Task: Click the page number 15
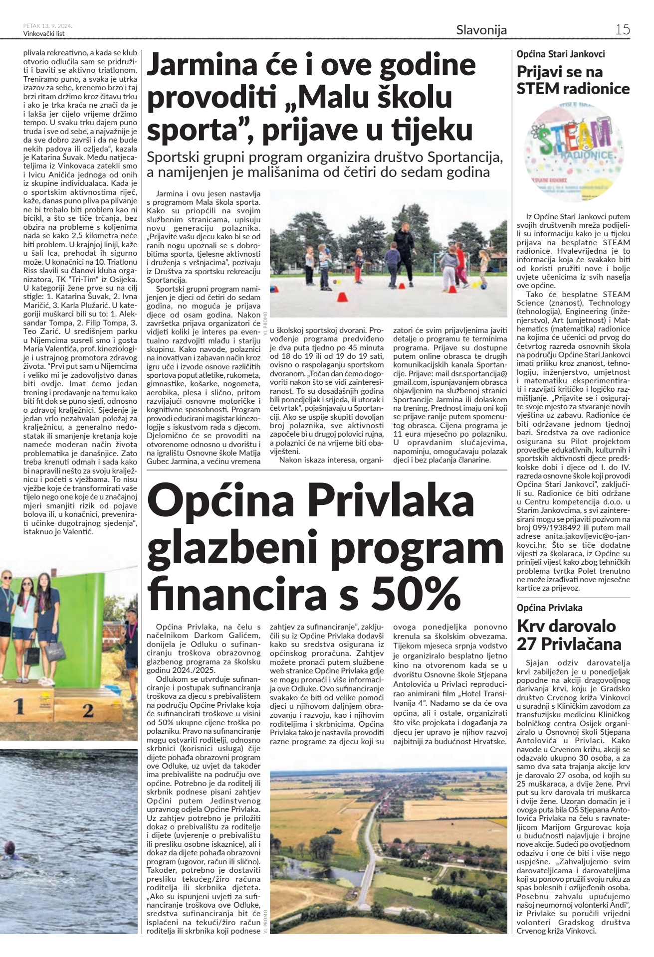622,29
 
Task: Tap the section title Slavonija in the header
481,30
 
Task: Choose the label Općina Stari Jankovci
561,54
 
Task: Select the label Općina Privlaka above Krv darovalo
549,608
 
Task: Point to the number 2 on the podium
88,710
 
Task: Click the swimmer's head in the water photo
9,847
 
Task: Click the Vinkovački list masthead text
44,34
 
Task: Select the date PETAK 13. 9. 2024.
48,26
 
